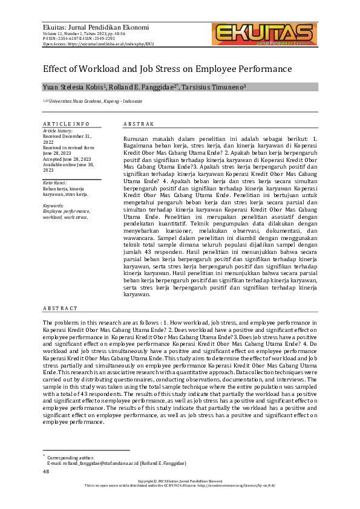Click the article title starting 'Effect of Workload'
168,69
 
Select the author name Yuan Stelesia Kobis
75,88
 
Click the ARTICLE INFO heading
66,124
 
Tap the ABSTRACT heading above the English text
60,308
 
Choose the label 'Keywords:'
54,206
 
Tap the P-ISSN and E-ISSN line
79,39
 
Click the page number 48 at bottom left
45,471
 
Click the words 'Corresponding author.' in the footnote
71,458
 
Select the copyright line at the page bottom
180,481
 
